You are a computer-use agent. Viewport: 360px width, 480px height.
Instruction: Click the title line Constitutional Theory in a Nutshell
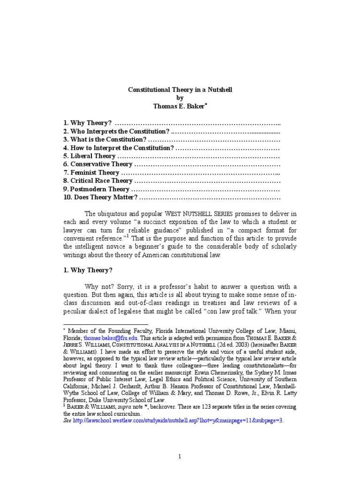pyautogui.click(x=180, y=89)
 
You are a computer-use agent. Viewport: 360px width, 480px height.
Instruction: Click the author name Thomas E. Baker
pyautogui.click(x=179, y=106)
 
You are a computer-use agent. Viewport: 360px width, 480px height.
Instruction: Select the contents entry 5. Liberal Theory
pyautogui.click(x=90, y=156)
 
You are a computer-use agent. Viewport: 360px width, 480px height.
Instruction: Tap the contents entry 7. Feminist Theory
pyautogui.click(x=91, y=173)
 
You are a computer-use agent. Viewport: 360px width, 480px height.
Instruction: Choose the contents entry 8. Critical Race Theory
pyautogui.click(x=98, y=181)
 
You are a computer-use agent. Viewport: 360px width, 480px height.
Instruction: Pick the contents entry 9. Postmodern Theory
pyautogui.click(x=96, y=189)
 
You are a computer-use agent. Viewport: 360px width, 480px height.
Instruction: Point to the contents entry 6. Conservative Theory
pyautogui.click(x=98, y=165)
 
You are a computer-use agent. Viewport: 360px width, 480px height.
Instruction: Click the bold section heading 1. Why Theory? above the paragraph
pyautogui.click(x=88, y=270)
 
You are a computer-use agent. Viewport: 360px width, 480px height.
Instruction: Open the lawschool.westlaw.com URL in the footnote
pyautogui.click(x=178, y=421)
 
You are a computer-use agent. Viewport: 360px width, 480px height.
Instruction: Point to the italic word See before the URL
pyautogui.click(x=67, y=421)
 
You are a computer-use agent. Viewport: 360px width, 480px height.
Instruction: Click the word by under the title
pyautogui.click(x=180, y=97)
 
